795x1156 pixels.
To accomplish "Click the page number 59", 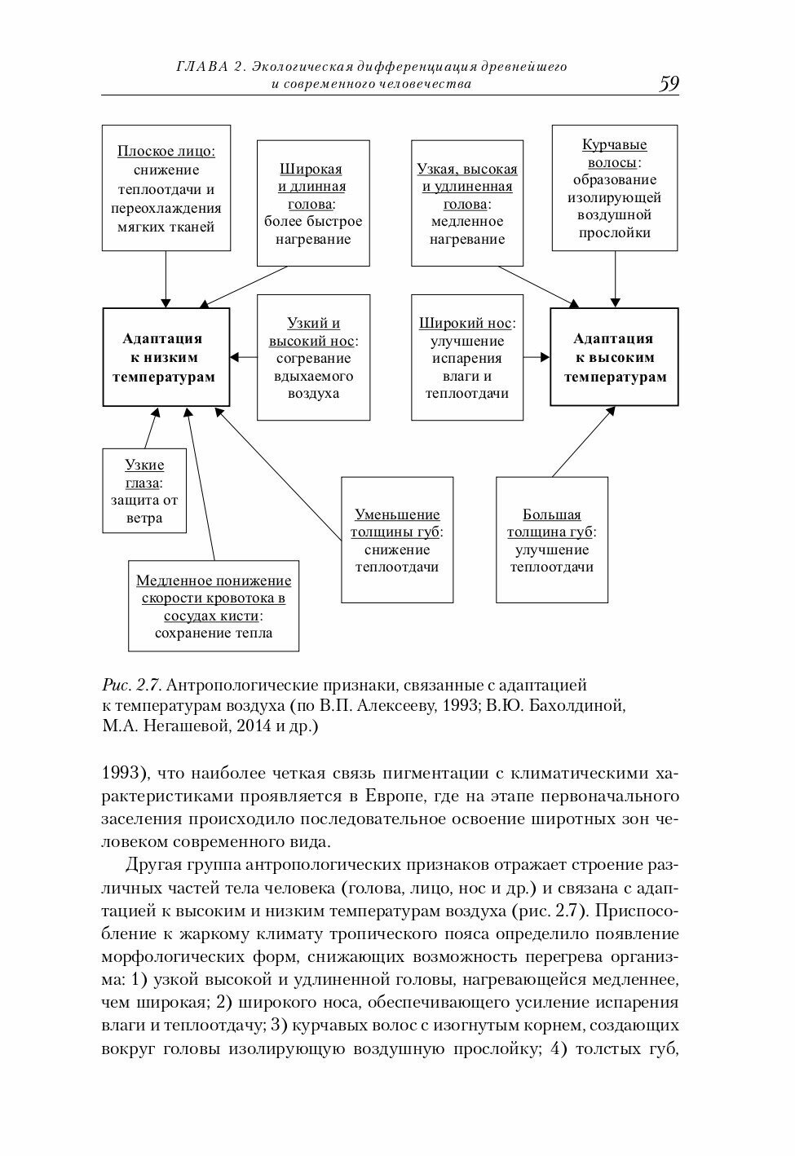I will pyautogui.click(x=669, y=84).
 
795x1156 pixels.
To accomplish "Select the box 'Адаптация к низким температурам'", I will pyautogui.click(x=166, y=357).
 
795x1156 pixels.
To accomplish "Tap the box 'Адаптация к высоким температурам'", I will pyautogui.click(x=614, y=357).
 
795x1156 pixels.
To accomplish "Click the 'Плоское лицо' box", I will pyautogui.click(x=166, y=188).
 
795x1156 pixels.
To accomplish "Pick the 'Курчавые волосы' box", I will pyautogui.click(x=614, y=188).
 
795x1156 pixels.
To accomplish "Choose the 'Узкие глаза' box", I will pyautogui.click(x=144, y=491).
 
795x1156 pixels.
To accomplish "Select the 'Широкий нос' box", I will pyautogui.click(x=467, y=357).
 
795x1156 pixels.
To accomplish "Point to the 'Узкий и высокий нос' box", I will pyautogui.click(x=313, y=357).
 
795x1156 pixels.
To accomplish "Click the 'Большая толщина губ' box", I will pyautogui.click(x=552, y=540).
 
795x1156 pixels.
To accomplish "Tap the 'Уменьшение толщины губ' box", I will pyautogui.click(x=397, y=540).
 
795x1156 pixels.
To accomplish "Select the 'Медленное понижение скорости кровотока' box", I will pyautogui.click(x=214, y=606).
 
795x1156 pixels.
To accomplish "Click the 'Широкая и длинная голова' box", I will pyautogui.click(x=313, y=203).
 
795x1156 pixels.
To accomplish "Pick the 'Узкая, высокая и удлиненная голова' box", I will pyautogui.click(x=467, y=203).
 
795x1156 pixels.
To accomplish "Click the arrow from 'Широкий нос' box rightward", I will pyautogui.click(x=537, y=357).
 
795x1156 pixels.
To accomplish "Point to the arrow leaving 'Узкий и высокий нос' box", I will pyautogui.click(x=244, y=357).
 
